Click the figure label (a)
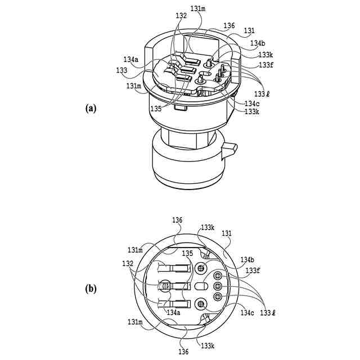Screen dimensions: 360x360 pos(91,109)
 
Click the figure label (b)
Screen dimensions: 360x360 pos(91,289)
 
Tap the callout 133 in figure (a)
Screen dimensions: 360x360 pos(122,70)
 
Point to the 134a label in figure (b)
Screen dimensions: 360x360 pos(173,312)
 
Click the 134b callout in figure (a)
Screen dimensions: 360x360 pos(258,43)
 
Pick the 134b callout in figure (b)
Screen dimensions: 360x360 pos(247,260)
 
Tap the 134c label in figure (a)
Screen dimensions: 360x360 pos(252,103)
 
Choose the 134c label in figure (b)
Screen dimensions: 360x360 pos(248,312)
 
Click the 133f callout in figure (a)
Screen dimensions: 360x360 pos(266,65)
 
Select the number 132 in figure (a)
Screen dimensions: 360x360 pos(181,16)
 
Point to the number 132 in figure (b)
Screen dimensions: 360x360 pos(128,263)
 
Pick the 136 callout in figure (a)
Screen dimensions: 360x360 pos(229,25)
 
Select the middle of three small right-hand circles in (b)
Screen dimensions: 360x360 pos(217,287)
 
